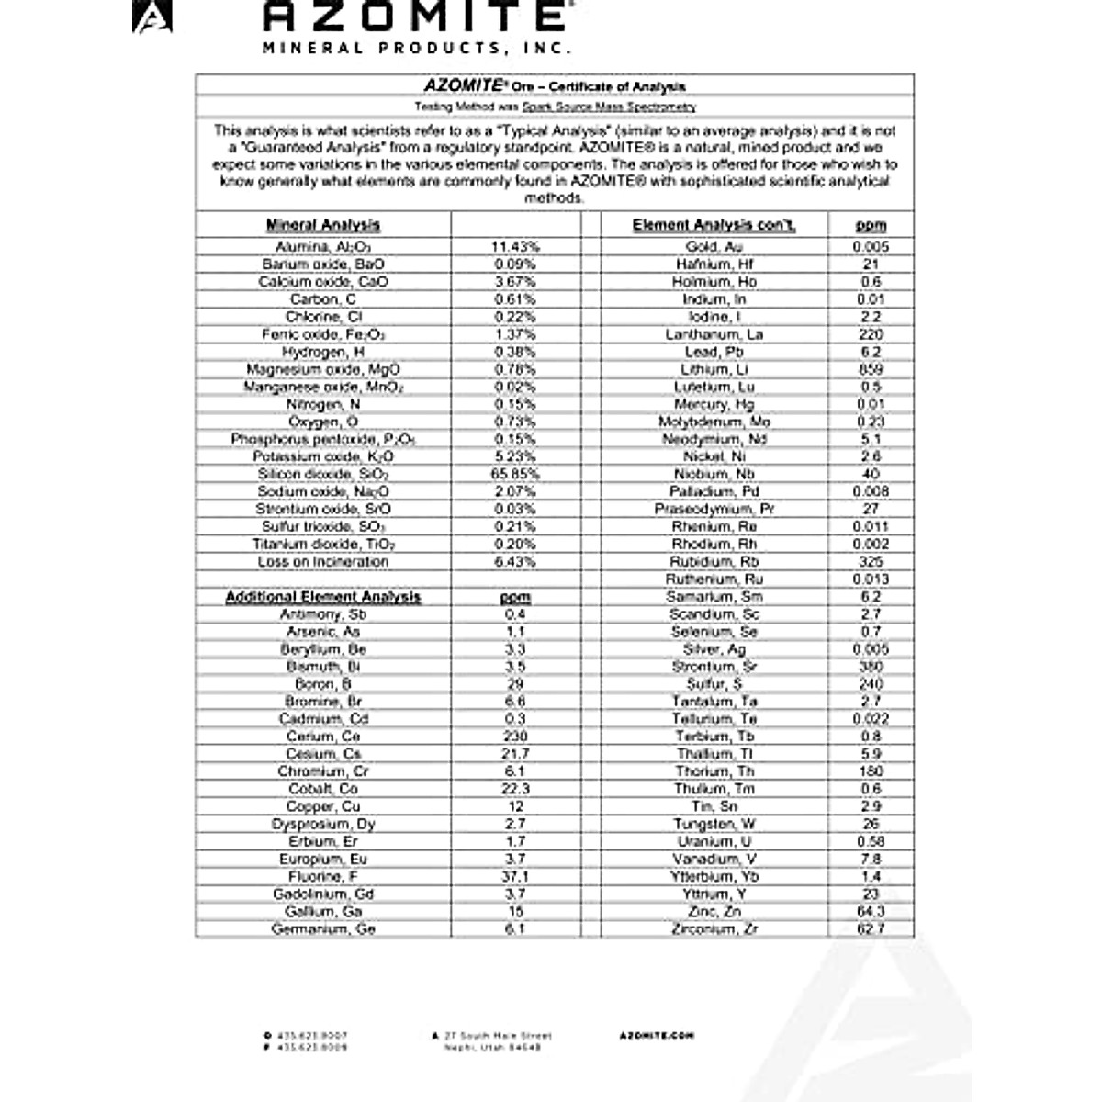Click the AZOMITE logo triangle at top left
pyautogui.click(x=152, y=17)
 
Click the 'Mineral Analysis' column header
pyautogui.click(x=322, y=225)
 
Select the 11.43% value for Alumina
pyautogui.click(x=515, y=247)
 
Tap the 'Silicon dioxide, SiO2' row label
pyautogui.click(x=322, y=474)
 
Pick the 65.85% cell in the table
pyautogui.click(x=515, y=474)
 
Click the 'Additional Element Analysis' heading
pyautogui.click(x=322, y=597)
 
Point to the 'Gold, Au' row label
pyautogui.click(x=714, y=247)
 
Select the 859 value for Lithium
pyautogui.click(x=871, y=369)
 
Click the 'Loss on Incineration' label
pyautogui.click(x=322, y=561)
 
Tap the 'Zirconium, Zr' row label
pyautogui.click(x=714, y=929)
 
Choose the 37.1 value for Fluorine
pyautogui.click(x=515, y=877)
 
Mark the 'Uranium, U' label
pyautogui.click(x=714, y=842)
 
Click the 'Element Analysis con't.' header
pyautogui.click(x=714, y=225)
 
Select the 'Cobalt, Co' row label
pyautogui.click(x=322, y=789)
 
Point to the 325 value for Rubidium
pyautogui.click(x=871, y=561)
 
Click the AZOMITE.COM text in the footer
pyautogui.click(x=657, y=1036)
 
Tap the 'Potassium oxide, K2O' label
pyautogui.click(x=322, y=456)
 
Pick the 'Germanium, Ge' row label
pyautogui.click(x=322, y=929)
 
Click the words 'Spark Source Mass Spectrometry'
pyautogui.click(x=609, y=107)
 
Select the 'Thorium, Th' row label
pyautogui.click(x=714, y=771)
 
